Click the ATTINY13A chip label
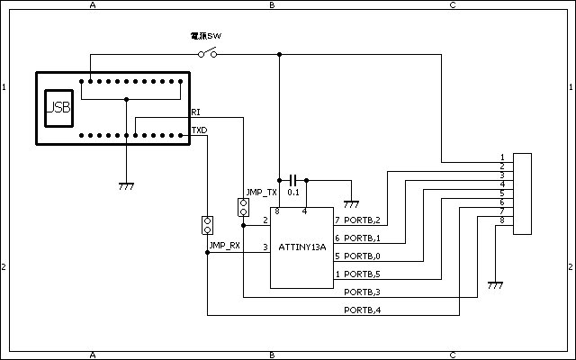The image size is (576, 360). [x=301, y=247]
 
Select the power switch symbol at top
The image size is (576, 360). [x=207, y=54]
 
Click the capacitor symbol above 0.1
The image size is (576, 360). [x=293, y=180]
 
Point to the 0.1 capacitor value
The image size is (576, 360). [x=293, y=193]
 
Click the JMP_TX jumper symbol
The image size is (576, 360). [x=243, y=208]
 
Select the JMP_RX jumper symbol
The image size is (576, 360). [x=208, y=225]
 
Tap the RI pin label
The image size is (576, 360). [x=196, y=112]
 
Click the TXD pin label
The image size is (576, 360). [x=199, y=130]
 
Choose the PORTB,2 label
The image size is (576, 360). [x=363, y=220]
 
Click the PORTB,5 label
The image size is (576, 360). [x=363, y=274]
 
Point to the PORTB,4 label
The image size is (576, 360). [x=363, y=310]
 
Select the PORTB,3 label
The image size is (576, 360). [x=363, y=292]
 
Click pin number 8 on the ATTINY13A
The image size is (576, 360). [x=277, y=212]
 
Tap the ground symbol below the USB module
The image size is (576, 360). [x=127, y=186]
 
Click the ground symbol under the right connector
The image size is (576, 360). [x=494, y=284]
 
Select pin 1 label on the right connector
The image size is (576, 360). [x=501, y=157]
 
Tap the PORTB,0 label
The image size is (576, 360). [x=363, y=256]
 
